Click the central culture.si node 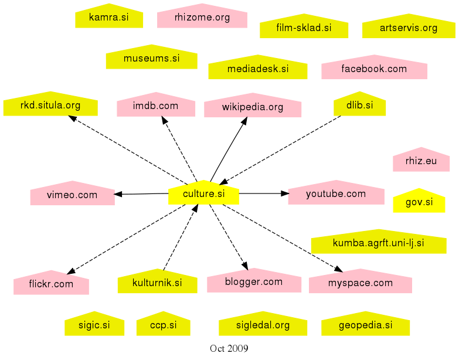203,193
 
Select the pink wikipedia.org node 252,107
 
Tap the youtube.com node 335,193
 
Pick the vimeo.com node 72,195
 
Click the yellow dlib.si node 359,106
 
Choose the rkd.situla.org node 50,106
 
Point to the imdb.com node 155,106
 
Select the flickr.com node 51,284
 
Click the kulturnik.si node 157,283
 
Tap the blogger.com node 253,281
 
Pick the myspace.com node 360,283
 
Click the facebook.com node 373,69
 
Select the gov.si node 419,202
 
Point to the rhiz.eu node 421,161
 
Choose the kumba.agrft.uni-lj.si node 378,243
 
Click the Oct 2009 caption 229,349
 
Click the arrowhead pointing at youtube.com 285,193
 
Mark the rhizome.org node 202,18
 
